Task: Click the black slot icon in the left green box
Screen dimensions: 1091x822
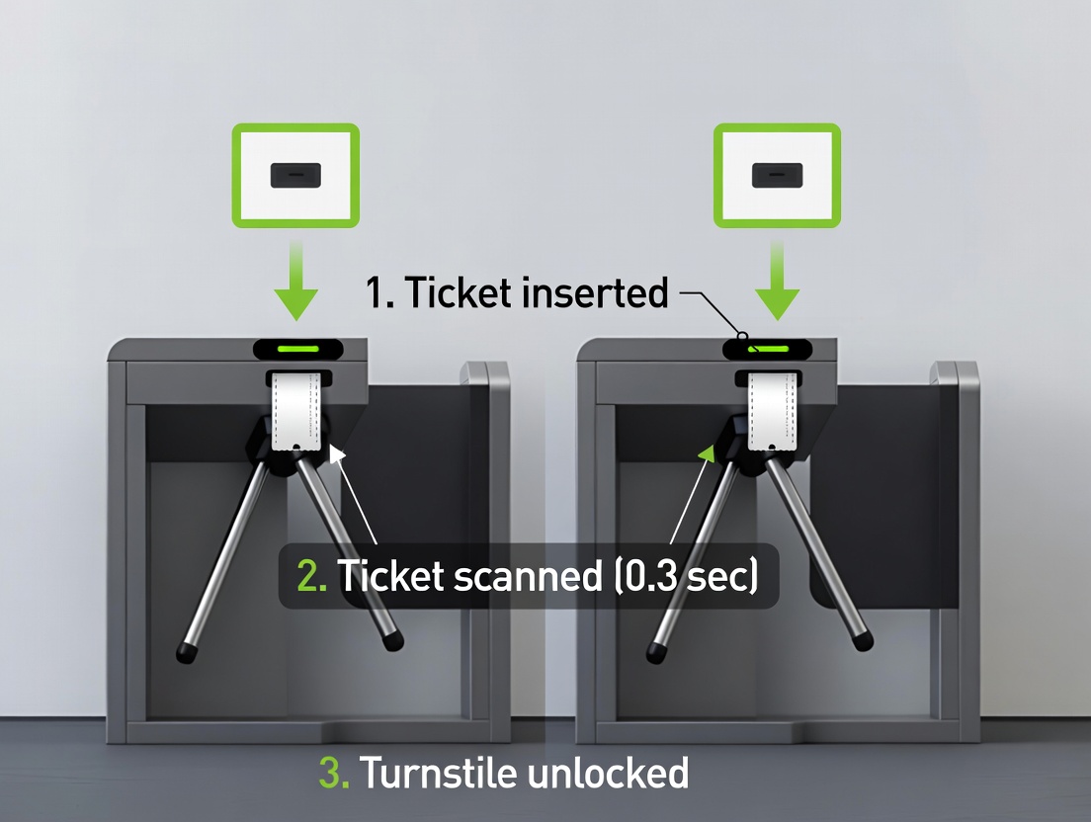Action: pos(295,175)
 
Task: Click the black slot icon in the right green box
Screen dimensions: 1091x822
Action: pos(777,175)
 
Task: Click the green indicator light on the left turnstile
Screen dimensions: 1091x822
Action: pos(297,349)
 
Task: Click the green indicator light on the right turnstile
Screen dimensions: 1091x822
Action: pos(768,349)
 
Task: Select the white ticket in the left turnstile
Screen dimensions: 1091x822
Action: pos(296,412)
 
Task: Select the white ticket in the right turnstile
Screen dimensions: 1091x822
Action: pos(772,412)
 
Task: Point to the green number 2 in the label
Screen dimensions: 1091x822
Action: pos(311,576)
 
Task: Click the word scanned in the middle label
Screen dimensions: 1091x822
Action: pos(528,576)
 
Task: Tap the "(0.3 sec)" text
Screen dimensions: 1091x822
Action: pos(686,576)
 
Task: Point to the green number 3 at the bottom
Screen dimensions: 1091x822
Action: pos(334,773)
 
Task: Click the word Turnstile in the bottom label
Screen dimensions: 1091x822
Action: pos(438,773)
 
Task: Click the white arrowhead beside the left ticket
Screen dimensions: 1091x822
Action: pos(337,454)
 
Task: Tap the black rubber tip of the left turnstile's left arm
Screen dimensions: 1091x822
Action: pos(186,652)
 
